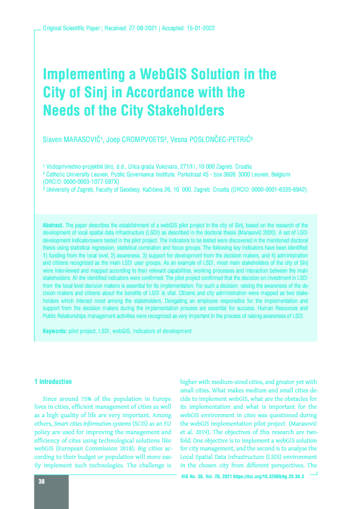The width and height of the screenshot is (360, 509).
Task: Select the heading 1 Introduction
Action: [x=54, y=381]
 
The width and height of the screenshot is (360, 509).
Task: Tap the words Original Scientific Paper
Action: [x=67, y=28]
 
